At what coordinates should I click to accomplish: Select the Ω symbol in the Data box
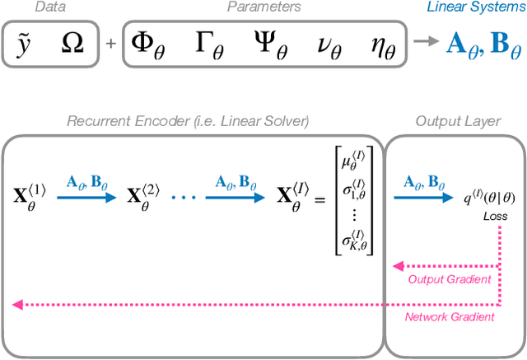click(72, 41)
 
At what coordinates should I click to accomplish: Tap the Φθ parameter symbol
click(149, 43)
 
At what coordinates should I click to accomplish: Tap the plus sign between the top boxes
click(110, 42)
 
